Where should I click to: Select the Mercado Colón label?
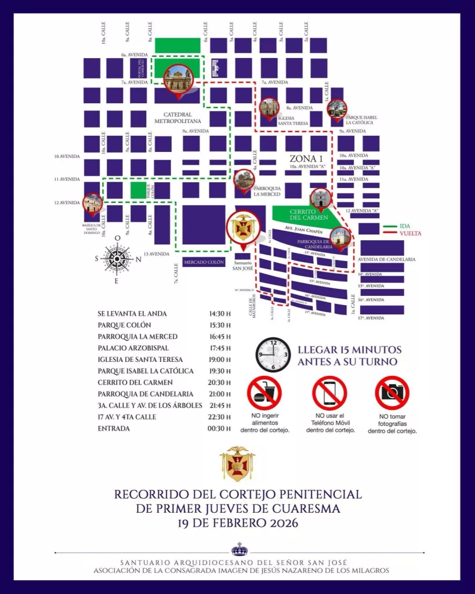click(204, 263)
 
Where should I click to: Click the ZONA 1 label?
click(306, 158)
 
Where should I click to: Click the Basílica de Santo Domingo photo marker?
click(92, 203)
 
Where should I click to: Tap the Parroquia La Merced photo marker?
click(244, 179)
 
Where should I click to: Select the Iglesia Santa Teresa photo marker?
click(269, 108)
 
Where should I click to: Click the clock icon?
click(274, 355)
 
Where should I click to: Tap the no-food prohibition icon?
click(264, 393)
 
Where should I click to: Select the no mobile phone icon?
click(329, 393)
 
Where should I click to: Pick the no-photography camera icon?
click(392, 393)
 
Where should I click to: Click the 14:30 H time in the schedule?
click(220, 314)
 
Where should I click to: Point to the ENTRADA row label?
click(114, 429)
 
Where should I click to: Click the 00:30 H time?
click(220, 429)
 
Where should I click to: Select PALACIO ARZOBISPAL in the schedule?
click(133, 348)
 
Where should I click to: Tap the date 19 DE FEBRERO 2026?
click(238, 523)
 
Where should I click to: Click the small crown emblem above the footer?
click(239, 549)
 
